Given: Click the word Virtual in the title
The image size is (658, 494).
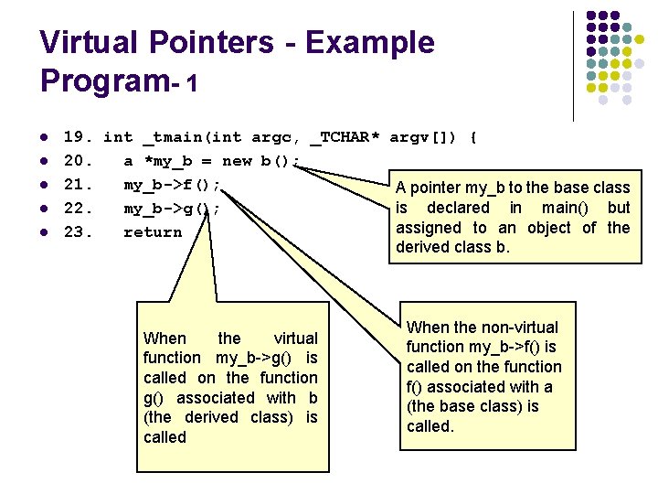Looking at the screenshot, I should coord(87,43).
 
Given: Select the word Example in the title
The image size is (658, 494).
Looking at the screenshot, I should coord(370,43).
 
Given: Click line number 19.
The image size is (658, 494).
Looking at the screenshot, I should coord(77,138).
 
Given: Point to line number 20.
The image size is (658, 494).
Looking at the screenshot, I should coord(77,162).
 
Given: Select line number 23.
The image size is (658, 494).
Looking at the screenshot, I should coord(77,232).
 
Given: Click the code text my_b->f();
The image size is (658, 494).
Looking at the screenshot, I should coord(174,185).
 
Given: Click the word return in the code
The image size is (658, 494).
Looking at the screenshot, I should coord(154,232).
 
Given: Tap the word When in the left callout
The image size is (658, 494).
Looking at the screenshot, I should coord(164,338).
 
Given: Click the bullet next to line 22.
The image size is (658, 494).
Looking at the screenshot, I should coord(44,209).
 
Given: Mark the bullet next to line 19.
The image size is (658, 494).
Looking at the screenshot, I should coord(44,138).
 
